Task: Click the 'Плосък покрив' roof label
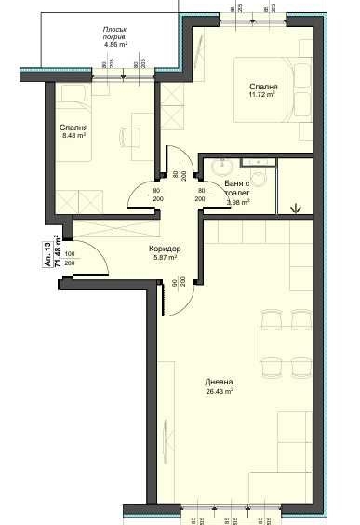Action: pos(121,33)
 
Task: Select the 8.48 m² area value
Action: pos(74,136)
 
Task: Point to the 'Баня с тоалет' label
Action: pos(243,189)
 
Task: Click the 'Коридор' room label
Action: pos(164,250)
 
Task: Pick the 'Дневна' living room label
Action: pos(220,383)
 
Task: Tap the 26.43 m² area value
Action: pos(220,392)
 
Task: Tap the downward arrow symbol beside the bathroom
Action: pos(297,206)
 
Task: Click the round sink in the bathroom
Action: pos(222,168)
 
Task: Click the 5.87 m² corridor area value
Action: pos(164,260)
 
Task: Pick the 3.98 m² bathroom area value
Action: pos(239,201)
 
